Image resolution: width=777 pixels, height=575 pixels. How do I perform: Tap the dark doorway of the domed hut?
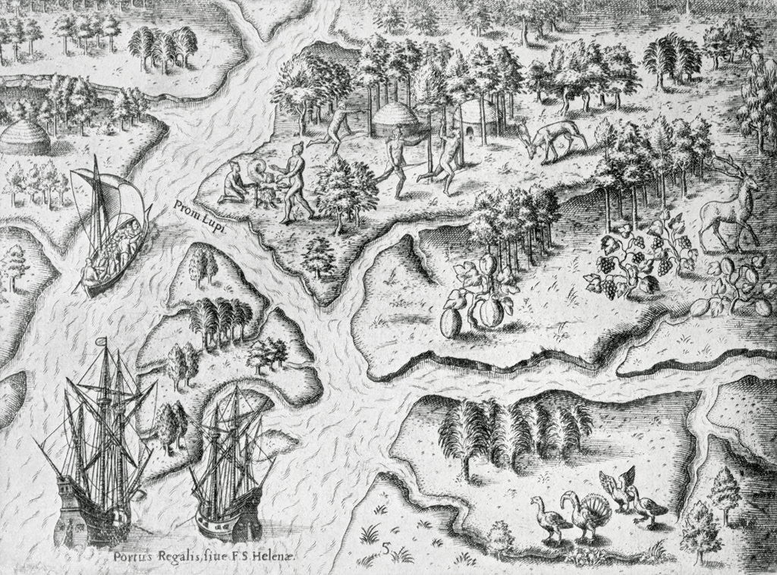pos(474,134)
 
